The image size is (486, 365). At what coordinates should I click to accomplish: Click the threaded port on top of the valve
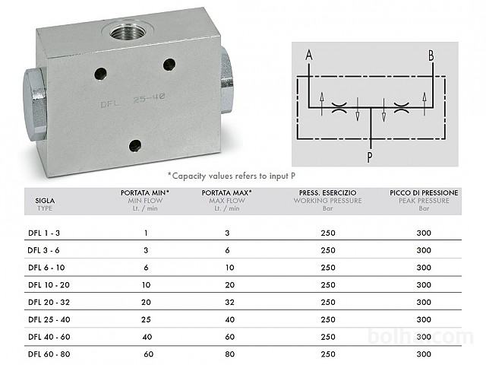click(128, 32)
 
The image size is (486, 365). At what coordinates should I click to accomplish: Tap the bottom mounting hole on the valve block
click(135, 145)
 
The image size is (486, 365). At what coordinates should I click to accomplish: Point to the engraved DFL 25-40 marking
click(133, 100)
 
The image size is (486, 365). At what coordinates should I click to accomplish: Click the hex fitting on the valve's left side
click(35, 104)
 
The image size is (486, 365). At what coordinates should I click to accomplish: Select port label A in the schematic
click(309, 56)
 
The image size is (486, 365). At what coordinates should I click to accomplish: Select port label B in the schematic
click(431, 56)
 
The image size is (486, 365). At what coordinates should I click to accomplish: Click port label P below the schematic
click(370, 157)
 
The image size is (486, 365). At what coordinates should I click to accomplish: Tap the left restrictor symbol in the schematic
click(339, 107)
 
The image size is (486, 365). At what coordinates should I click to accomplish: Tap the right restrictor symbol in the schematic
click(401, 107)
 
